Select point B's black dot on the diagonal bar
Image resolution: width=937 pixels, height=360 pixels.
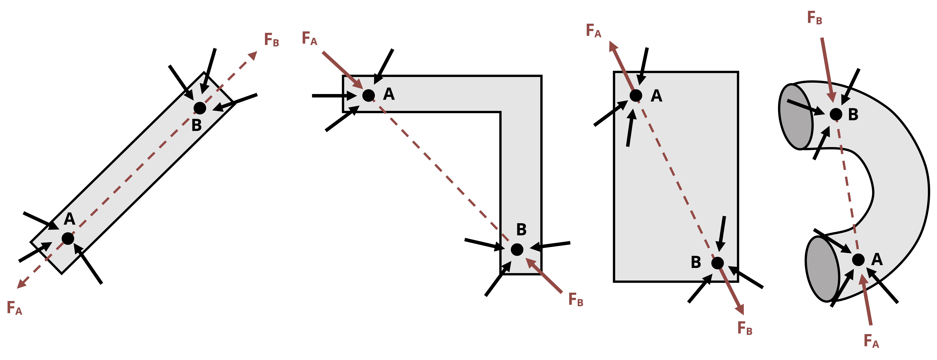point(200,108)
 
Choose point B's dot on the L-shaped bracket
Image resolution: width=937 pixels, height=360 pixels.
point(517,249)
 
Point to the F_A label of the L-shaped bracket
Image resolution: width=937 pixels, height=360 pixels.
point(310,39)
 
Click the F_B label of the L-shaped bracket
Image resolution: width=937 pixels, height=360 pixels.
point(576,300)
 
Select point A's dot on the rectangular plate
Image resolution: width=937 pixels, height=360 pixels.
point(636,95)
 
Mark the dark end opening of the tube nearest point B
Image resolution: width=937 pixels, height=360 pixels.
point(795,116)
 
